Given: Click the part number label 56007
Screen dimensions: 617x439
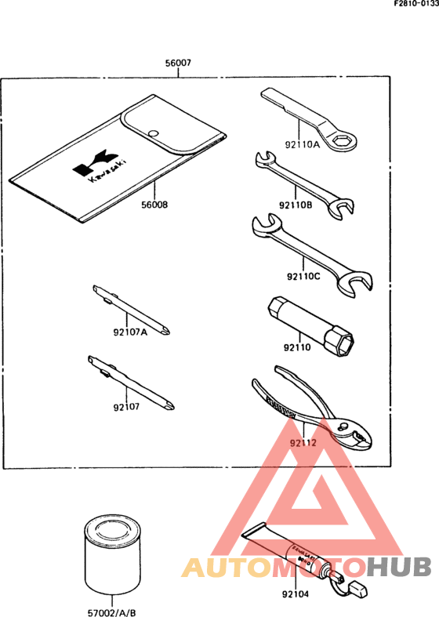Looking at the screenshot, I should [178, 63].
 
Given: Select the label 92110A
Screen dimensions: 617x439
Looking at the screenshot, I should [303, 144].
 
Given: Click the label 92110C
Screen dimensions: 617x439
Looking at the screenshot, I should [303, 276].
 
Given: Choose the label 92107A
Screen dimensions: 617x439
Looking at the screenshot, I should [129, 332].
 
